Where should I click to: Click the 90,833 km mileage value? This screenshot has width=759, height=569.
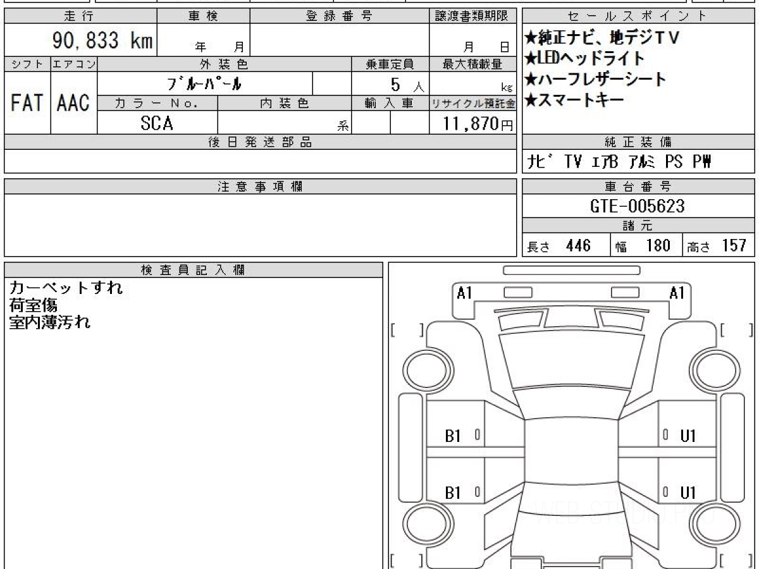(102, 40)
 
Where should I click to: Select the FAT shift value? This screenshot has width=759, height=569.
(27, 102)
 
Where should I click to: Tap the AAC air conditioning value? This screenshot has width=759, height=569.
(73, 102)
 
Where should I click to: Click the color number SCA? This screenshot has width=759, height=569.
(157, 123)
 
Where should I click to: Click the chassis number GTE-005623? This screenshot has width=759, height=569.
(638, 206)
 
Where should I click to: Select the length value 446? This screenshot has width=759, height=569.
(578, 246)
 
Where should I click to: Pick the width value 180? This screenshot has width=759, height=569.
(658, 246)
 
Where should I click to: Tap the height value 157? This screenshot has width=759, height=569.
(734, 246)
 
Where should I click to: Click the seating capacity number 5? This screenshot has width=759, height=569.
(395, 85)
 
